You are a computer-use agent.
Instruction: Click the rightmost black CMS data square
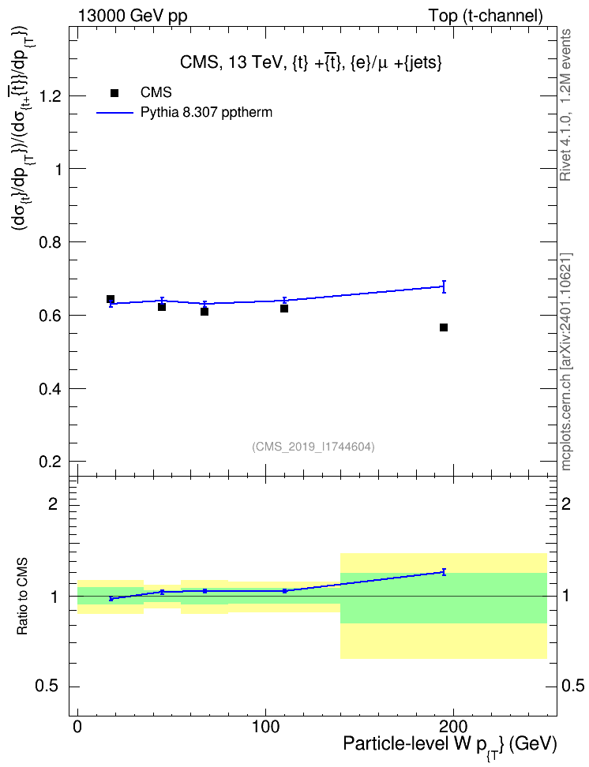coord(444,327)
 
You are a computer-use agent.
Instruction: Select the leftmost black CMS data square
coord(111,299)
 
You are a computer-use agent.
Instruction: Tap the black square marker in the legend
coord(114,93)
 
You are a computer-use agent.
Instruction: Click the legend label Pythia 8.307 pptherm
coord(206,113)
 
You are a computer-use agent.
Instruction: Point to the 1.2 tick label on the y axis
coord(50,96)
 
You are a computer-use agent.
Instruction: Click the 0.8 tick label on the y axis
coord(50,242)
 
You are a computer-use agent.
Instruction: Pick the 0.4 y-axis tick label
coord(50,389)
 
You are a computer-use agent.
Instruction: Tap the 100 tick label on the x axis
coord(265,727)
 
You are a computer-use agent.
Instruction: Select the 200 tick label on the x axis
coord(453,727)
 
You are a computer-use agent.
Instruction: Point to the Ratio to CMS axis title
coord(22,597)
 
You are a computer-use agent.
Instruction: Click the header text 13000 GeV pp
coord(133,16)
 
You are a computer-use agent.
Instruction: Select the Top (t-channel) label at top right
coord(486,16)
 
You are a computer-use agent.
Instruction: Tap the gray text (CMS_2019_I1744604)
coord(313,447)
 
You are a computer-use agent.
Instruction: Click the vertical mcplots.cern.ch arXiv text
coord(566,361)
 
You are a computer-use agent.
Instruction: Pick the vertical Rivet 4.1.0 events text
coord(565,105)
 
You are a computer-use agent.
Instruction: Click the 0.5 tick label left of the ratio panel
coord(47,687)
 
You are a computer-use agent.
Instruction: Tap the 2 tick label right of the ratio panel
coord(566,503)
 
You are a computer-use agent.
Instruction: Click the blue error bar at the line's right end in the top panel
coord(444,286)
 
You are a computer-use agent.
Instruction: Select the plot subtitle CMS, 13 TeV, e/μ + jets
coord(311,63)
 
